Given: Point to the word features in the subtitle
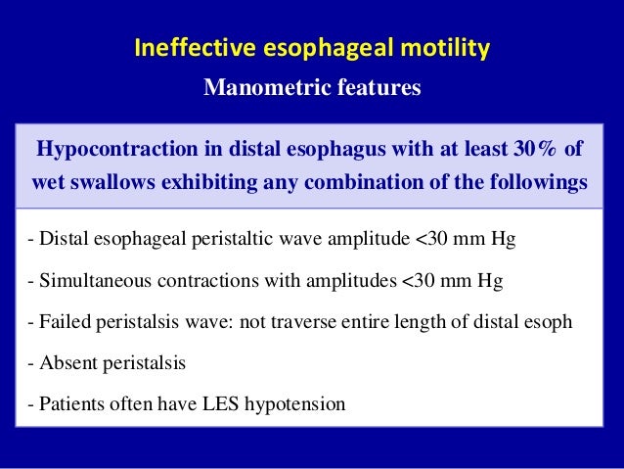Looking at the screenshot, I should [x=376, y=88].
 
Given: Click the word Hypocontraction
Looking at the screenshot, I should [x=112, y=150].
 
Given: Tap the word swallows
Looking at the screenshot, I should [x=115, y=183].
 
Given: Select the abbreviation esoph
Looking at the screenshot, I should [x=549, y=322].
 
